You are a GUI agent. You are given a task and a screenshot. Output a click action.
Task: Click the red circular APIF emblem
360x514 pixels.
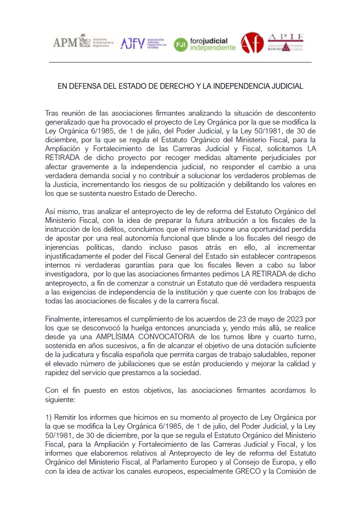pyautogui.click(x=252, y=43)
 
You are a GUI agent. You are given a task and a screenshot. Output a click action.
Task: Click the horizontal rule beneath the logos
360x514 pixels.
pyautogui.click(x=180, y=63)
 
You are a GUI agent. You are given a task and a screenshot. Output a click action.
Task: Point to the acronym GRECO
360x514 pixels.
pyautogui.click(x=256, y=471)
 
